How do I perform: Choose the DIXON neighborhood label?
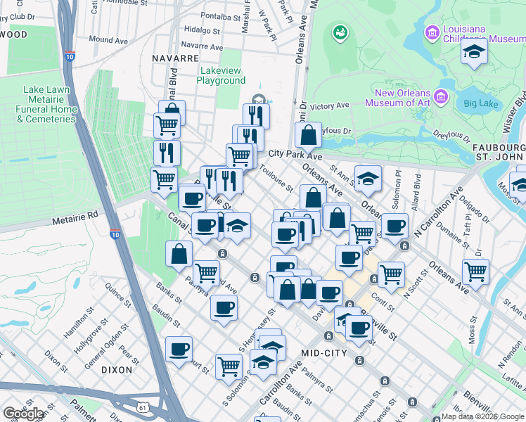(x=117, y=369)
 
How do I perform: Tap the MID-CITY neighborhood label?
(x=323, y=352)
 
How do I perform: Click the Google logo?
(x=24, y=414)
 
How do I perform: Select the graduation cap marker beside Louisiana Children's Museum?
(x=474, y=52)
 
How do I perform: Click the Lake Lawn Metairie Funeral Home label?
(x=49, y=104)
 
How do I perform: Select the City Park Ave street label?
(x=294, y=155)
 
